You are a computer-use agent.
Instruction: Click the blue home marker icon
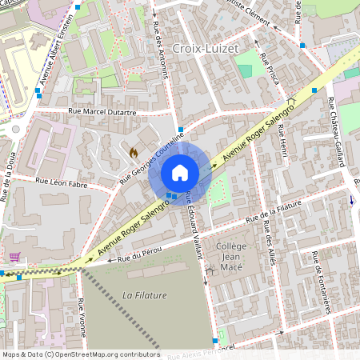tap(180, 172)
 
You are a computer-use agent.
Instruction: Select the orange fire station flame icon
tap(134, 151)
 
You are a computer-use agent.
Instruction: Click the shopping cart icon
tap(14, 257)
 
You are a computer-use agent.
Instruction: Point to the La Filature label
tap(140, 295)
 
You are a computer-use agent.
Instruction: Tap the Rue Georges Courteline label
tap(152, 158)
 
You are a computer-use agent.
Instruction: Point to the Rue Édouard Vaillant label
tap(194, 217)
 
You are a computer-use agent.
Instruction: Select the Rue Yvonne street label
tap(82, 318)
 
